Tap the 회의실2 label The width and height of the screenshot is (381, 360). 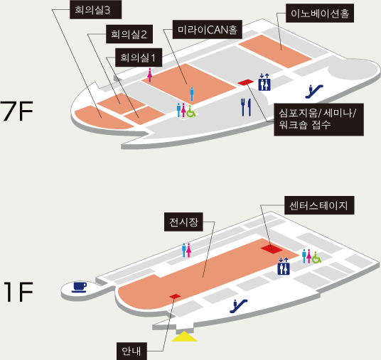[x=129, y=34]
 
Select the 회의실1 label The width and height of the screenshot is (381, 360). [x=139, y=58]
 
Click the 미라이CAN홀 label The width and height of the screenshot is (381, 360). [x=208, y=29]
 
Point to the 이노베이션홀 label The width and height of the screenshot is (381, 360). [x=320, y=13]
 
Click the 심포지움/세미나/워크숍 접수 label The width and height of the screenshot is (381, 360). [x=318, y=119]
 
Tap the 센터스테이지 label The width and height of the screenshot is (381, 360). [x=319, y=205]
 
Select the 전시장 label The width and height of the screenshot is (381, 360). [x=183, y=222]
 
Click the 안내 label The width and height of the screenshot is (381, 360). [x=132, y=351]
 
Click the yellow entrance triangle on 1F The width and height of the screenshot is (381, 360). [x=184, y=337]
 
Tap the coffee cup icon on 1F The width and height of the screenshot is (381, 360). [x=79, y=287]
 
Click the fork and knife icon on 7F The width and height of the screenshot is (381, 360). [x=246, y=107]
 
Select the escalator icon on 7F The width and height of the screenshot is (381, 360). [x=314, y=92]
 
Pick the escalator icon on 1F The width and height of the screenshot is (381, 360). [x=239, y=306]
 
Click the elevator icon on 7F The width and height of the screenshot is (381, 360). [x=264, y=82]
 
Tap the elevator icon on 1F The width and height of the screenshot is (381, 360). [x=284, y=266]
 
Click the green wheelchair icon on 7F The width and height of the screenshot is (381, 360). [x=191, y=111]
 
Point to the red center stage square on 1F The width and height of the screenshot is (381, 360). [x=272, y=249]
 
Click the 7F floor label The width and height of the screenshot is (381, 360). [x=16, y=111]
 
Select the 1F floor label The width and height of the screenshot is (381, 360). [x=18, y=292]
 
